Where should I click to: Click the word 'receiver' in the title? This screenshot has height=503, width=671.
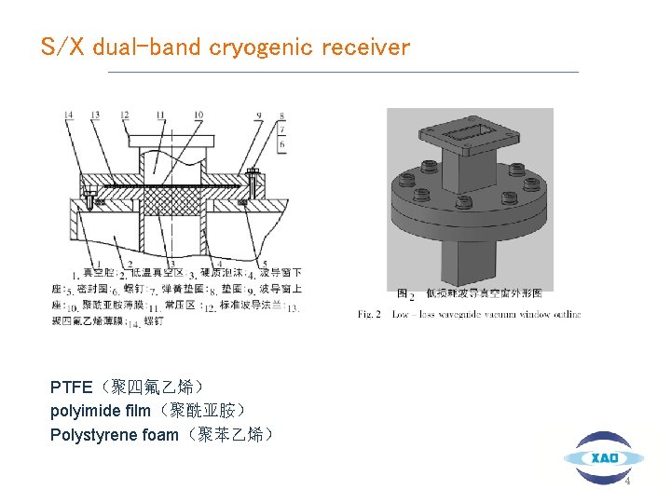click(365, 48)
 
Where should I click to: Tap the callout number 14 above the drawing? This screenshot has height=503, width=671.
click(69, 115)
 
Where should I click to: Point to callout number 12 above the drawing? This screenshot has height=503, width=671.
click(124, 115)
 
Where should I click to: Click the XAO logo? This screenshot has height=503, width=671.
click(603, 457)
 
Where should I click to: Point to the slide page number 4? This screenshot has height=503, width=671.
click(627, 482)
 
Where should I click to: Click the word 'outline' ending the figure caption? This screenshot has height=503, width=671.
click(564, 314)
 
